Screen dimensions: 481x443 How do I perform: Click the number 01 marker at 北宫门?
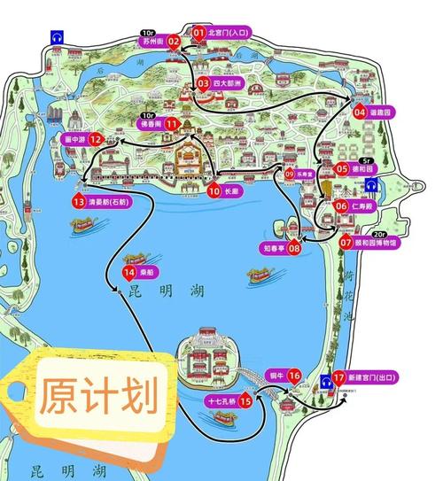pyautogui.click(x=198, y=33)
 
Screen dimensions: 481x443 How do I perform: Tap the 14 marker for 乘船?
pyautogui.click(x=130, y=272)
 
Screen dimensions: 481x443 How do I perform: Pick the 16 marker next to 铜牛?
pyautogui.click(x=295, y=375)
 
